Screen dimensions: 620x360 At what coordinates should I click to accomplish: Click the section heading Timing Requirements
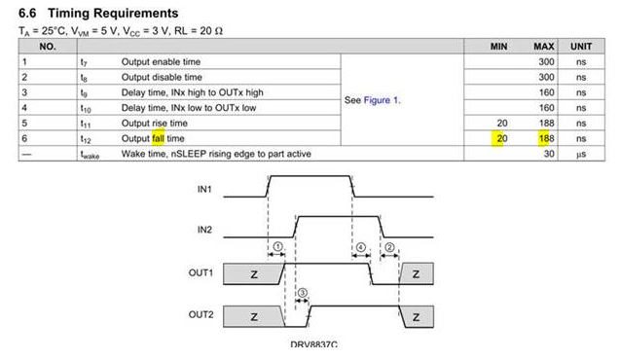point(113,13)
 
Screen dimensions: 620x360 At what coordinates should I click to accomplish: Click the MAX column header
point(544,47)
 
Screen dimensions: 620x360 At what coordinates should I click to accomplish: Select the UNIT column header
point(581,47)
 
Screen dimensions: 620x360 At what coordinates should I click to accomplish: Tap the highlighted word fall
point(158,138)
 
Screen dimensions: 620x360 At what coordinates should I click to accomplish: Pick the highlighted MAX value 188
point(546,138)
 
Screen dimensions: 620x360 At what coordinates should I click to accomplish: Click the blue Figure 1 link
point(382,100)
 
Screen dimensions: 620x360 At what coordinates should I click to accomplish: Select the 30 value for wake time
point(549,154)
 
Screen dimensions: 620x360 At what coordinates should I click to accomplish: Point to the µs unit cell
point(581,154)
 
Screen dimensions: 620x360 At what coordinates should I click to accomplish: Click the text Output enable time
point(161,61)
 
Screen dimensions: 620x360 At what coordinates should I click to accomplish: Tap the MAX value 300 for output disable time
point(546,77)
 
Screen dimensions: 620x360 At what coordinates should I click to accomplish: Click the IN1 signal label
point(204,190)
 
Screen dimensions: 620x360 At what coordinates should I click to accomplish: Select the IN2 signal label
point(204,230)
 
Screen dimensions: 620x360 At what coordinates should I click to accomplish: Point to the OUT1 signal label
point(201,272)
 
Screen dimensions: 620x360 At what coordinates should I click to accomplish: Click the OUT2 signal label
point(201,314)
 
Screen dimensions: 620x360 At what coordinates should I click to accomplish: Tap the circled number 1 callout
point(278,247)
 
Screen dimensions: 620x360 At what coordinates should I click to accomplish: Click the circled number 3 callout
point(302,293)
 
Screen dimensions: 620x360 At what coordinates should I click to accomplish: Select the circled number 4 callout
point(360,247)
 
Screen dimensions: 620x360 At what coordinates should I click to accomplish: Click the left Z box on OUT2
point(254,316)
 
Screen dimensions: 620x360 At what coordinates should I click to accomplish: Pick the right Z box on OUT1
point(417,273)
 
